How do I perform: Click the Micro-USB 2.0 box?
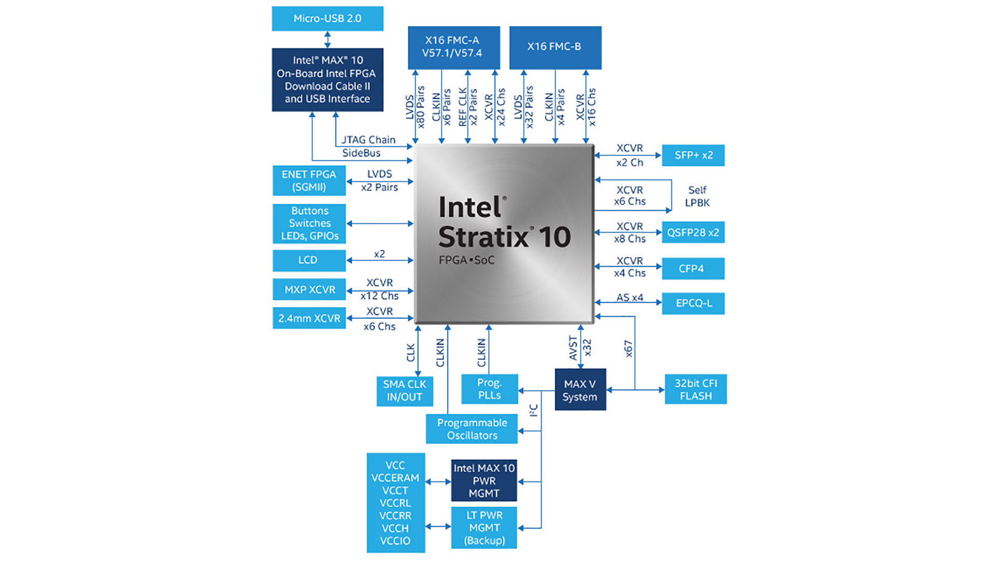[327, 19]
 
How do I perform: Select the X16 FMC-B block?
[555, 47]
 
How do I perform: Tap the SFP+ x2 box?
[693, 155]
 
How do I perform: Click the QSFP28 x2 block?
[693, 233]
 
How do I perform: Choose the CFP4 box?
[693, 269]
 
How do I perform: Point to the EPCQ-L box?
[693, 303]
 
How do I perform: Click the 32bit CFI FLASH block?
[696, 390]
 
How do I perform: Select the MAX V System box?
[580, 390]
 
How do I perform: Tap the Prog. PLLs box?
[490, 389]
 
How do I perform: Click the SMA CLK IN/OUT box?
[405, 391]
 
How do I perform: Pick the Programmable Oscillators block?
[471, 429]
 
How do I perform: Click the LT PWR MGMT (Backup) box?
[484, 528]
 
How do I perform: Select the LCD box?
[309, 260]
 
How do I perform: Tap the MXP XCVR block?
[309, 290]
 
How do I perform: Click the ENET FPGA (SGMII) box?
[309, 181]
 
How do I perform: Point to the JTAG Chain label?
[368, 140]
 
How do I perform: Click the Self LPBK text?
[697, 196]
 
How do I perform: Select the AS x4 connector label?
[629, 298]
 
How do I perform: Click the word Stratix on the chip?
[483, 237]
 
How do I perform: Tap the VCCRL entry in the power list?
[395, 503]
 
